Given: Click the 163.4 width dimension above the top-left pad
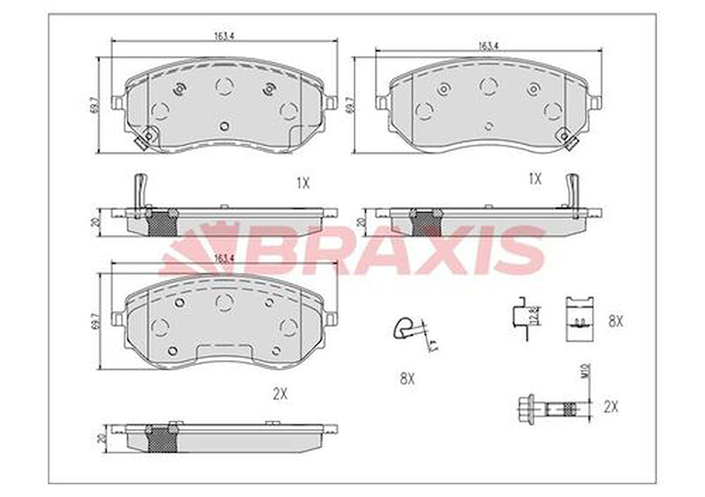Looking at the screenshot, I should coord(224,36).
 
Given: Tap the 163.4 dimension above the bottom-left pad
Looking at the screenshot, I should coord(223,259).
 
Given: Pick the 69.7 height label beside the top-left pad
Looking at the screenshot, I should coord(93,106).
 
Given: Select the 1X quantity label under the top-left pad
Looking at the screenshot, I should coord(303,183).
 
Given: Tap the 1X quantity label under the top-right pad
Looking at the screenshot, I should coord(535,178).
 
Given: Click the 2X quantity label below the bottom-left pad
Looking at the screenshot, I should coord(280,394).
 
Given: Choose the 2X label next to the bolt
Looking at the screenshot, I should coord(611,407).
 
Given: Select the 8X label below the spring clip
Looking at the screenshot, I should coord(407,378).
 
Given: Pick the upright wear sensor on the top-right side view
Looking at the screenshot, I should coord(572,191).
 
